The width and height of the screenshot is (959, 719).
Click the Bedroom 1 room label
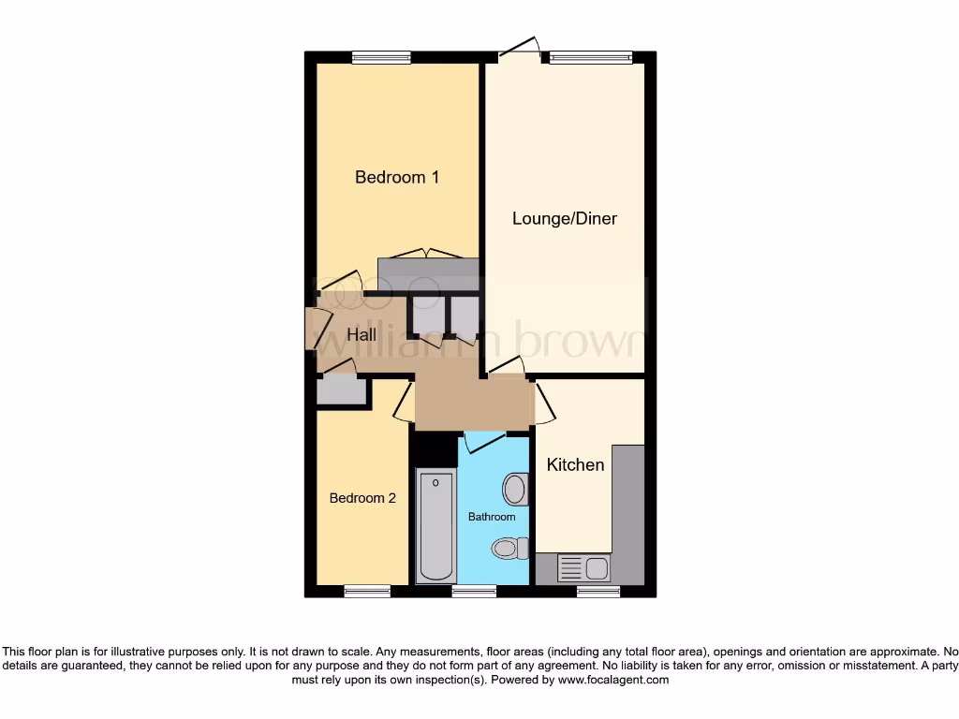(x=397, y=177)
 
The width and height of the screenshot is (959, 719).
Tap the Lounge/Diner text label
(x=564, y=218)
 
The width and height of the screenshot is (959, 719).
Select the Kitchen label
(x=575, y=464)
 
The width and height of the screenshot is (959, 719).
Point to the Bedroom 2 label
(x=362, y=498)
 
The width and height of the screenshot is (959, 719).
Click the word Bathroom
(x=492, y=517)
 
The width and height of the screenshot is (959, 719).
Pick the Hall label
(x=361, y=334)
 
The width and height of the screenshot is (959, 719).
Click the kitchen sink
(x=583, y=566)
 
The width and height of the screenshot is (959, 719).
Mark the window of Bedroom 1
(x=381, y=58)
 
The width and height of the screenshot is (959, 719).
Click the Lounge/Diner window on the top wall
(x=591, y=58)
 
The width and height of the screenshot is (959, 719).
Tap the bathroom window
(x=474, y=591)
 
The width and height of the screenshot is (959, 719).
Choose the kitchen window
(x=598, y=591)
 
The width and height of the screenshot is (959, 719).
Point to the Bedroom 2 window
(x=366, y=591)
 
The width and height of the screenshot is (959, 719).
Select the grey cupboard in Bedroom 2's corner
(x=341, y=390)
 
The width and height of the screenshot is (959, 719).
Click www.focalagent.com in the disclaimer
(x=612, y=681)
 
